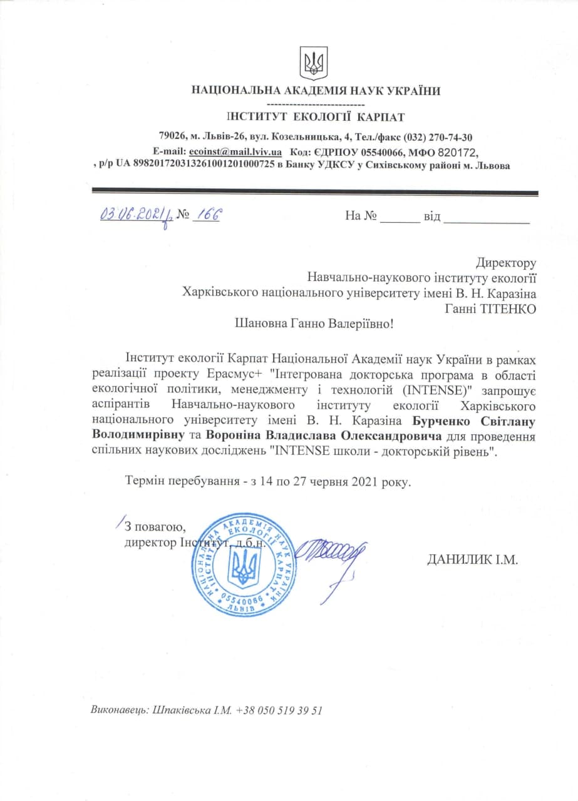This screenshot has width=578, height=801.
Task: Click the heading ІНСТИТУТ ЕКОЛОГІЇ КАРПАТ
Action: point(316,116)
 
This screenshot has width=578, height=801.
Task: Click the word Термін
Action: point(146,482)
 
